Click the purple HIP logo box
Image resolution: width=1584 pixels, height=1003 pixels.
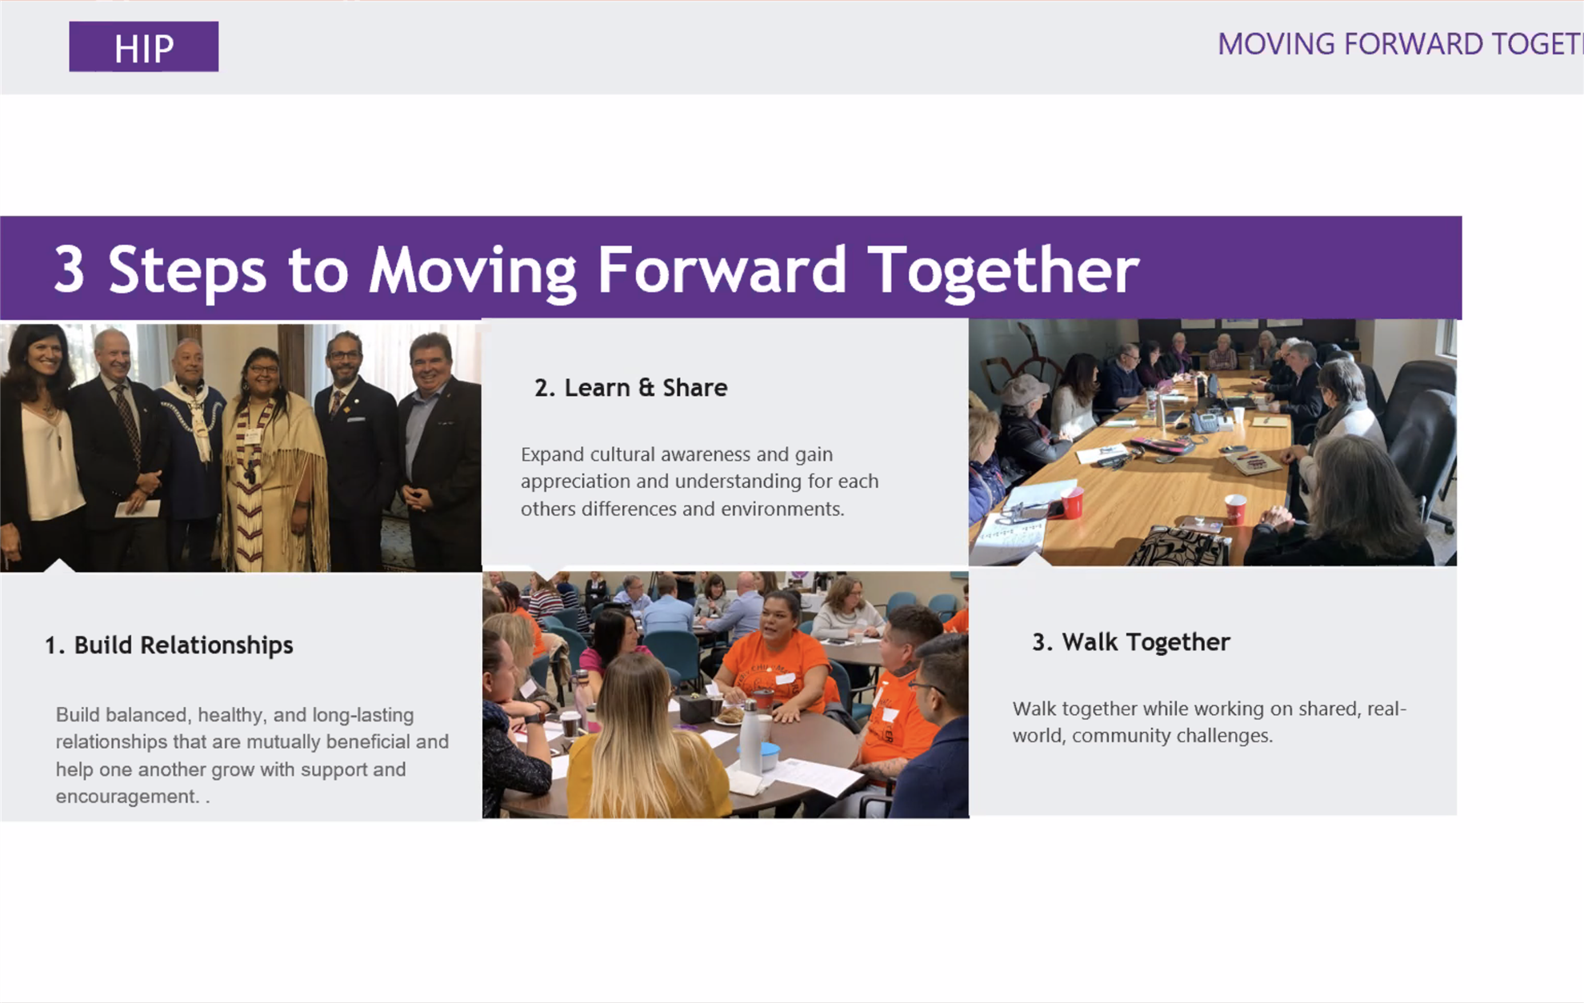tap(144, 46)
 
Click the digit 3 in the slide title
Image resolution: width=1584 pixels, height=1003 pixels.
tap(69, 269)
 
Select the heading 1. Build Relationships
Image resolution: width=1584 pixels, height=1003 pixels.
tap(169, 645)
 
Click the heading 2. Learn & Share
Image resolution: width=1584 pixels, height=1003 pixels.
tap(631, 388)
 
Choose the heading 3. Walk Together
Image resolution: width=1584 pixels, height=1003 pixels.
tap(1131, 641)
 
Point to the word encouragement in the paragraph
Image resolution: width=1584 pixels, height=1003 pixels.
tap(126, 797)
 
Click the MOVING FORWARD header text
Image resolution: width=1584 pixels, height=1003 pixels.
tap(1400, 44)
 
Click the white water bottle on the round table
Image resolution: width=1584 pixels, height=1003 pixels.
tap(750, 737)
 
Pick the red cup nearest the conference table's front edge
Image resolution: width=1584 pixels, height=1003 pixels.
tap(1071, 501)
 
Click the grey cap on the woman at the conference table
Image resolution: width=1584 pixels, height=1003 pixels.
tap(1023, 389)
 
